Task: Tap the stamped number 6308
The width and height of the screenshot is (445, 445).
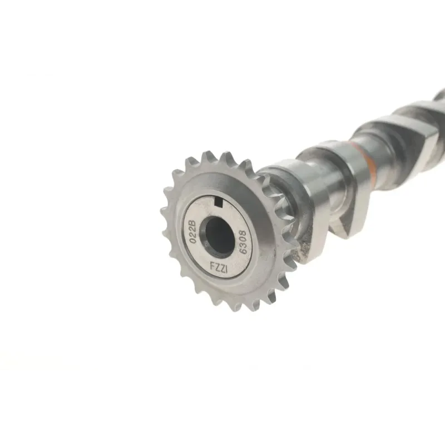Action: coord(244,242)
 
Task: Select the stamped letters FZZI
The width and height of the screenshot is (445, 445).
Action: coord(219,267)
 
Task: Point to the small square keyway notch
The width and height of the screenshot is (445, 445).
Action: coord(218,202)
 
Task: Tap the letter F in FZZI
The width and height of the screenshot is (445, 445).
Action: coord(212,266)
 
